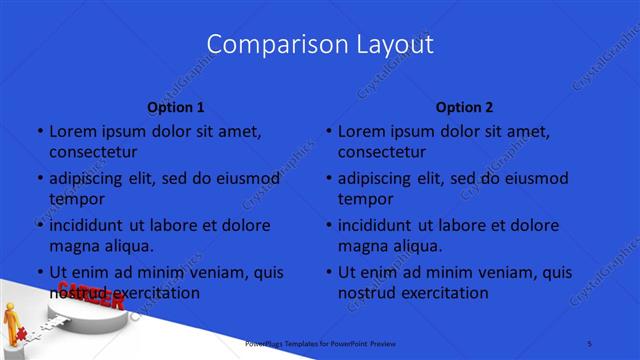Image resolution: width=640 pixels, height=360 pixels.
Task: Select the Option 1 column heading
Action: (176, 107)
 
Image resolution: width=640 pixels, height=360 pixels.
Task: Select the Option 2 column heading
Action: (464, 107)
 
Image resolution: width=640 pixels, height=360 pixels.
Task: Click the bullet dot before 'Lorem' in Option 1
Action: (39, 131)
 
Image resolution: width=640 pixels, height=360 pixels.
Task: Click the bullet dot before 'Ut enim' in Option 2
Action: (328, 272)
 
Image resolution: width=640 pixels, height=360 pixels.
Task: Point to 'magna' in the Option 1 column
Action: (72, 246)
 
